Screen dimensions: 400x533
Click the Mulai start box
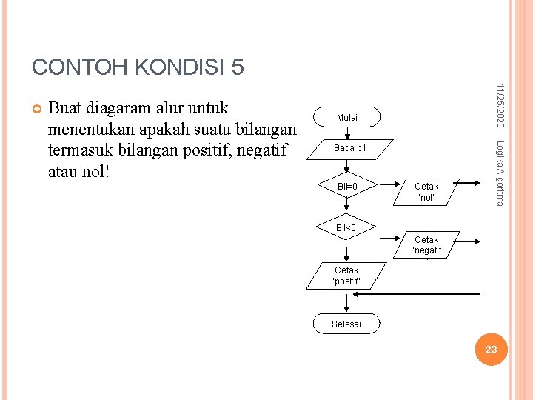pos(346,117)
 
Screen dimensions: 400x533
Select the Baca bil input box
pos(349,148)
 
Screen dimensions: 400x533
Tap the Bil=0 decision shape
pos(347,186)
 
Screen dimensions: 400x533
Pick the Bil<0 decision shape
pos(346,227)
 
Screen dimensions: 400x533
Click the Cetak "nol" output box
pos(426,192)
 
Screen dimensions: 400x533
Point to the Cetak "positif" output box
pos(346,276)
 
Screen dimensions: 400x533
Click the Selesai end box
pos(346,324)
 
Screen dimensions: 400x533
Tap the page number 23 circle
pos(491,349)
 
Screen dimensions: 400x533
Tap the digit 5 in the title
pos(238,67)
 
